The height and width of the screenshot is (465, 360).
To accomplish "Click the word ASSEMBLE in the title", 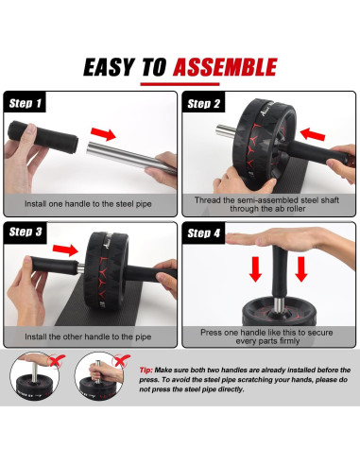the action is [x=225, y=67].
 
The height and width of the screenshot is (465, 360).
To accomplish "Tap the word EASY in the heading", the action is [x=109, y=67].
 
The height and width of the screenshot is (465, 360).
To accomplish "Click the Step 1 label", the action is [x=26, y=103].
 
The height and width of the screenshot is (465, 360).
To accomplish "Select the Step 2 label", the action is [x=203, y=104].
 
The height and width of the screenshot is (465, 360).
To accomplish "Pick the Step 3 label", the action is [x=26, y=232].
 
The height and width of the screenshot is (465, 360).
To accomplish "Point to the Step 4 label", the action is [x=203, y=233].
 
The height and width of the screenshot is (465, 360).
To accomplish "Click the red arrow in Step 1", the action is [x=103, y=133].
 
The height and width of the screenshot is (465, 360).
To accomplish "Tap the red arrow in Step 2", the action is [x=313, y=134].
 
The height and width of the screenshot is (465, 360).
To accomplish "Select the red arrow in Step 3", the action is [x=65, y=250].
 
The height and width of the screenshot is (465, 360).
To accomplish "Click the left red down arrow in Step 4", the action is [x=255, y=269].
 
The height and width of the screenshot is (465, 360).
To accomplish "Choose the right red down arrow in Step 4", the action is [x=301, y=269].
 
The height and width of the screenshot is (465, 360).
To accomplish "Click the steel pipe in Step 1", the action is [x=131, y=157].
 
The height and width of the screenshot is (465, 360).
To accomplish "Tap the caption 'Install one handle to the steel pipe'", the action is [x=88, y=204].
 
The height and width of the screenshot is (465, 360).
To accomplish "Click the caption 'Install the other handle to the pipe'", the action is [x=88, y=336].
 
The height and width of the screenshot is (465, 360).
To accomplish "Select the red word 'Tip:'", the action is [x=146, y=370].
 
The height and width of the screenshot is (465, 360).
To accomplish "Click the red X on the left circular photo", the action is [x=56, y=361].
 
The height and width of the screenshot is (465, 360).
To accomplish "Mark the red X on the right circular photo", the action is [x=121, y=360].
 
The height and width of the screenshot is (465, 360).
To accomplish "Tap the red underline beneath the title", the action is [x=180, y=84].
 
